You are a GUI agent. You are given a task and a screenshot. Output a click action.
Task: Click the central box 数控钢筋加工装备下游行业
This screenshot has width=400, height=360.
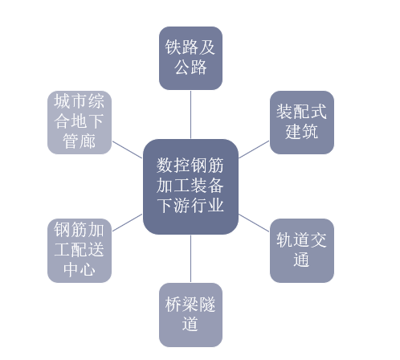pyautogui.click(x=190, y=186)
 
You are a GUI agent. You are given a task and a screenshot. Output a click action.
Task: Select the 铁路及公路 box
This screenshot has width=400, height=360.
pyautogui.click(x=190, y=58)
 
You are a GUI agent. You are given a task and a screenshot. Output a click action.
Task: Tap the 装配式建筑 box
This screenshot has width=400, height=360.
pyautogui.click(x=302, y=122)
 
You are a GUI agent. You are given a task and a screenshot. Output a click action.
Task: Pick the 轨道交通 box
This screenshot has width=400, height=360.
pyautogui.click(x=302, y=251)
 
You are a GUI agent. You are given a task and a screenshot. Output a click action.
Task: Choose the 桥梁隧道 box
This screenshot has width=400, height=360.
pyautogui.click(x=190, y=315)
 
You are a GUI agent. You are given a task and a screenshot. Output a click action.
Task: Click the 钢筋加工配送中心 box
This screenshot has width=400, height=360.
pyautogui.click(x=80, y=251)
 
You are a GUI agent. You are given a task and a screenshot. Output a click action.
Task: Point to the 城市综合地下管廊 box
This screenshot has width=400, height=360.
pyautogui.click(x=80, y=122)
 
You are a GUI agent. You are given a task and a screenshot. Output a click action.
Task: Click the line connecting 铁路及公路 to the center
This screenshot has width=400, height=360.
pyautogui.click(x=190, y=115)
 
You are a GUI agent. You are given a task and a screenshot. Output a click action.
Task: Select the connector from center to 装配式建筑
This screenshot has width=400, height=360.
pyautogui.click(x=254, y=149)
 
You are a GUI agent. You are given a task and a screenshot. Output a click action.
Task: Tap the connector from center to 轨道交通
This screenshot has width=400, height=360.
pyautogui.click(x=254, y=223)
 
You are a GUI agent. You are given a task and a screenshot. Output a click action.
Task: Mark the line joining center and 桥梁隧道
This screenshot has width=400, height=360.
pyautogui.click(x=190, y=259)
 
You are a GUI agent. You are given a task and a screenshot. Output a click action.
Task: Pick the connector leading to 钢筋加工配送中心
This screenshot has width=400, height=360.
pyautogui.click(x=127, y=223)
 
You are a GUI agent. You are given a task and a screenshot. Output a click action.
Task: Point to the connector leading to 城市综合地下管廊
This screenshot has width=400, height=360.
pyautogui.click(x=127, y=149)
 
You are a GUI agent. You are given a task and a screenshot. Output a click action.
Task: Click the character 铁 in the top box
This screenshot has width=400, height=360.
pyautogui.click(x=173, y=47)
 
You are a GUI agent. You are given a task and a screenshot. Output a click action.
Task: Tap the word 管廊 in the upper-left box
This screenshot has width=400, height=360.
pyautogui.click(x=80, y=141)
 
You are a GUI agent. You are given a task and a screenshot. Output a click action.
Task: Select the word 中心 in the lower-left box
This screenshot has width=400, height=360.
pyautogui.click(x=80, y=269)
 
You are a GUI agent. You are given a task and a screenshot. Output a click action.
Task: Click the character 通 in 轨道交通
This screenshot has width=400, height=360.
pyautogui.click(x=301, y=260)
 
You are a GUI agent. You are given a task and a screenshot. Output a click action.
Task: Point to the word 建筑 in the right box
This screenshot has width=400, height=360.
pyautogui.click(x=302, y=132)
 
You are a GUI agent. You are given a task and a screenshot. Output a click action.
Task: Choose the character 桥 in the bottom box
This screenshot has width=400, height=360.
pyautogui.click(x=173, y=305)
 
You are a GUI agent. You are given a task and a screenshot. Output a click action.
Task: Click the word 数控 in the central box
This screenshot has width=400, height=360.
pyautogui.click(x=173, y=166)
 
